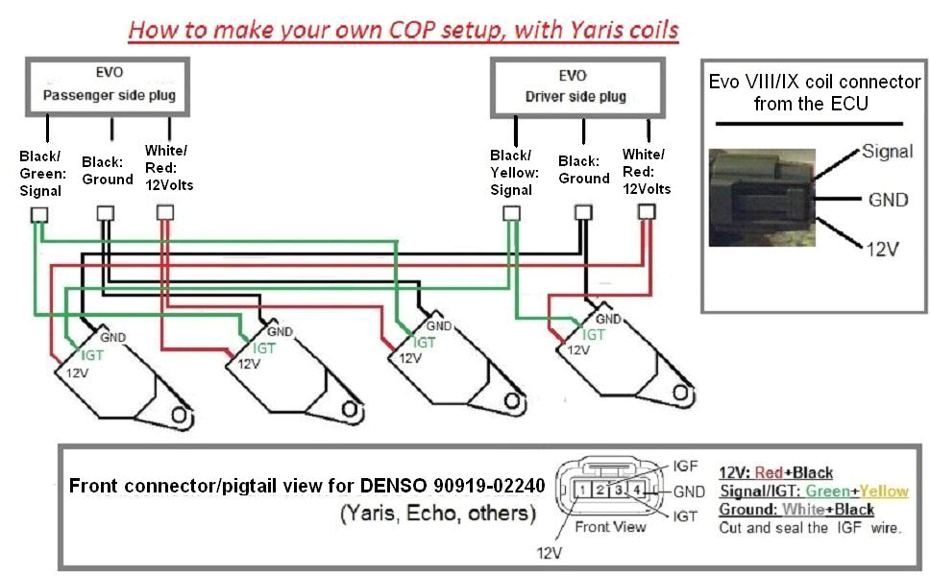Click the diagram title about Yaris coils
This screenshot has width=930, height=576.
(404, 30)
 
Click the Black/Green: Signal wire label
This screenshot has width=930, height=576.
(40, 173)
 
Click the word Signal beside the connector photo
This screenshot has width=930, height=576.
(887, 152)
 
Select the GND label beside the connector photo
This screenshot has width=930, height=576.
(887, 200)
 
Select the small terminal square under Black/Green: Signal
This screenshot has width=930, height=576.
(40, 214)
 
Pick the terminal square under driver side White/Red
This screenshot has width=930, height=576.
(648, 210)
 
